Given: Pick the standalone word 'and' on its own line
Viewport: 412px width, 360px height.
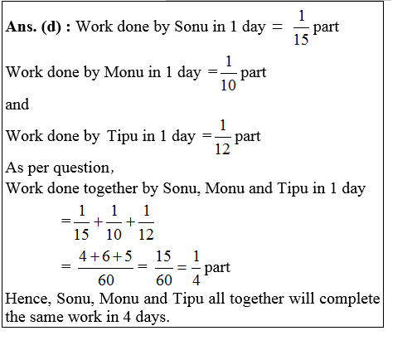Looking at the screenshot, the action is click(x=17, y=105).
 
